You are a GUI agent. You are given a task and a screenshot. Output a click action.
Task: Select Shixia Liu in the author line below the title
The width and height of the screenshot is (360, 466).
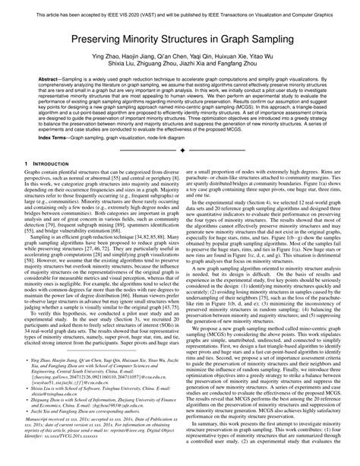109,66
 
